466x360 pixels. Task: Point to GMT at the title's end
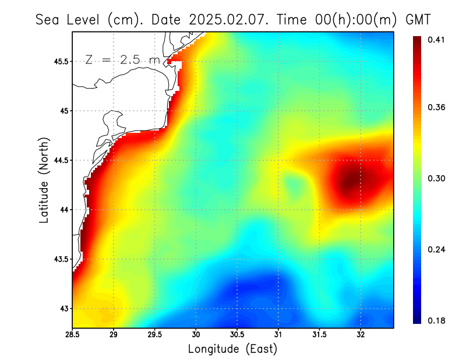tap(417, 19)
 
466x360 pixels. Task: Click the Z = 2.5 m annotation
tap(122, 59)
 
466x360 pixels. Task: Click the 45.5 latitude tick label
tap(60, 61)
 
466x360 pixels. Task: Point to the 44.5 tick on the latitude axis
tap(60, 160)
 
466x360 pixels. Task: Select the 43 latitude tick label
tap(63, 309)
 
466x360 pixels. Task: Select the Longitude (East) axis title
tap(232, 349)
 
